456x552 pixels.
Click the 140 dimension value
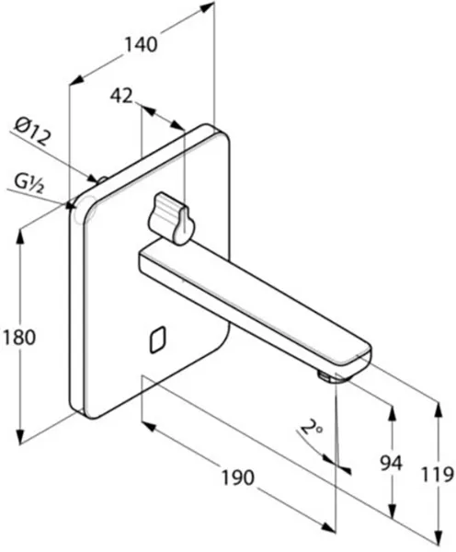pos(141,45)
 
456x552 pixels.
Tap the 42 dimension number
pos(121,96)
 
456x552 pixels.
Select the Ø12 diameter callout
pos(32,131)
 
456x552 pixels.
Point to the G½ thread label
pos(29,183)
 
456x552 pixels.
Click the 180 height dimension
pos(19,338)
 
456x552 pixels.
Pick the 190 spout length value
pos(237,477)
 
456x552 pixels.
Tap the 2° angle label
pos(312,429)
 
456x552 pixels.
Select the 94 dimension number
pos(392,464)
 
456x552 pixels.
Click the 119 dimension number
pos(438,475)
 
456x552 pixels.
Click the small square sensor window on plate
pos(158,339)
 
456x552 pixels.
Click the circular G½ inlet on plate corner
pos(85,210)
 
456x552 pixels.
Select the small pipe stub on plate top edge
pos(102,180)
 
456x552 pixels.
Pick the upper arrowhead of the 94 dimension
pos(392,416)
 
